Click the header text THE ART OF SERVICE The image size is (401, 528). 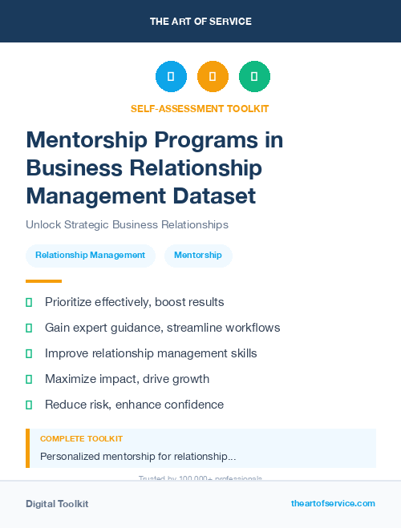tap(200, 22)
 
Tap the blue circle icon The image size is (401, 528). tap(171, 77)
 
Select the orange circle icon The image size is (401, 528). tap(213, 77)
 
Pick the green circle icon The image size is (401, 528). tap(254, 77)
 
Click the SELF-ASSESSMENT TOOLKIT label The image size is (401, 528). tap(200, 108)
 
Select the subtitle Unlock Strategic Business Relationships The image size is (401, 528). tap(127, 225)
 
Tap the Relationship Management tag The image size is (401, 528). tap(90, 256)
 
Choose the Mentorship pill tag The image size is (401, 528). tap(198, 256)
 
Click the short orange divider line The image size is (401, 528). tap(43, 281)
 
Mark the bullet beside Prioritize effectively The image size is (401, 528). tap(29, 302)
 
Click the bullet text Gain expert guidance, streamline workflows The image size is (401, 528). tap(162, 328)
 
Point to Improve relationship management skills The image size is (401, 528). tap(151, 353)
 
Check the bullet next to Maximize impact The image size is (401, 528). tap(29, 379)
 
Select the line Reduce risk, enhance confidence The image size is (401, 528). tap(134, 405)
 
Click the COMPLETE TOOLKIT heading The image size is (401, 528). tap(81, 439)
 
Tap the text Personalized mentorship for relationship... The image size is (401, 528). tap(138, 457)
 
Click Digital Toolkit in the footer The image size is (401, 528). tap(57, 504)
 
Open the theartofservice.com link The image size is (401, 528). tap(333, 503)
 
